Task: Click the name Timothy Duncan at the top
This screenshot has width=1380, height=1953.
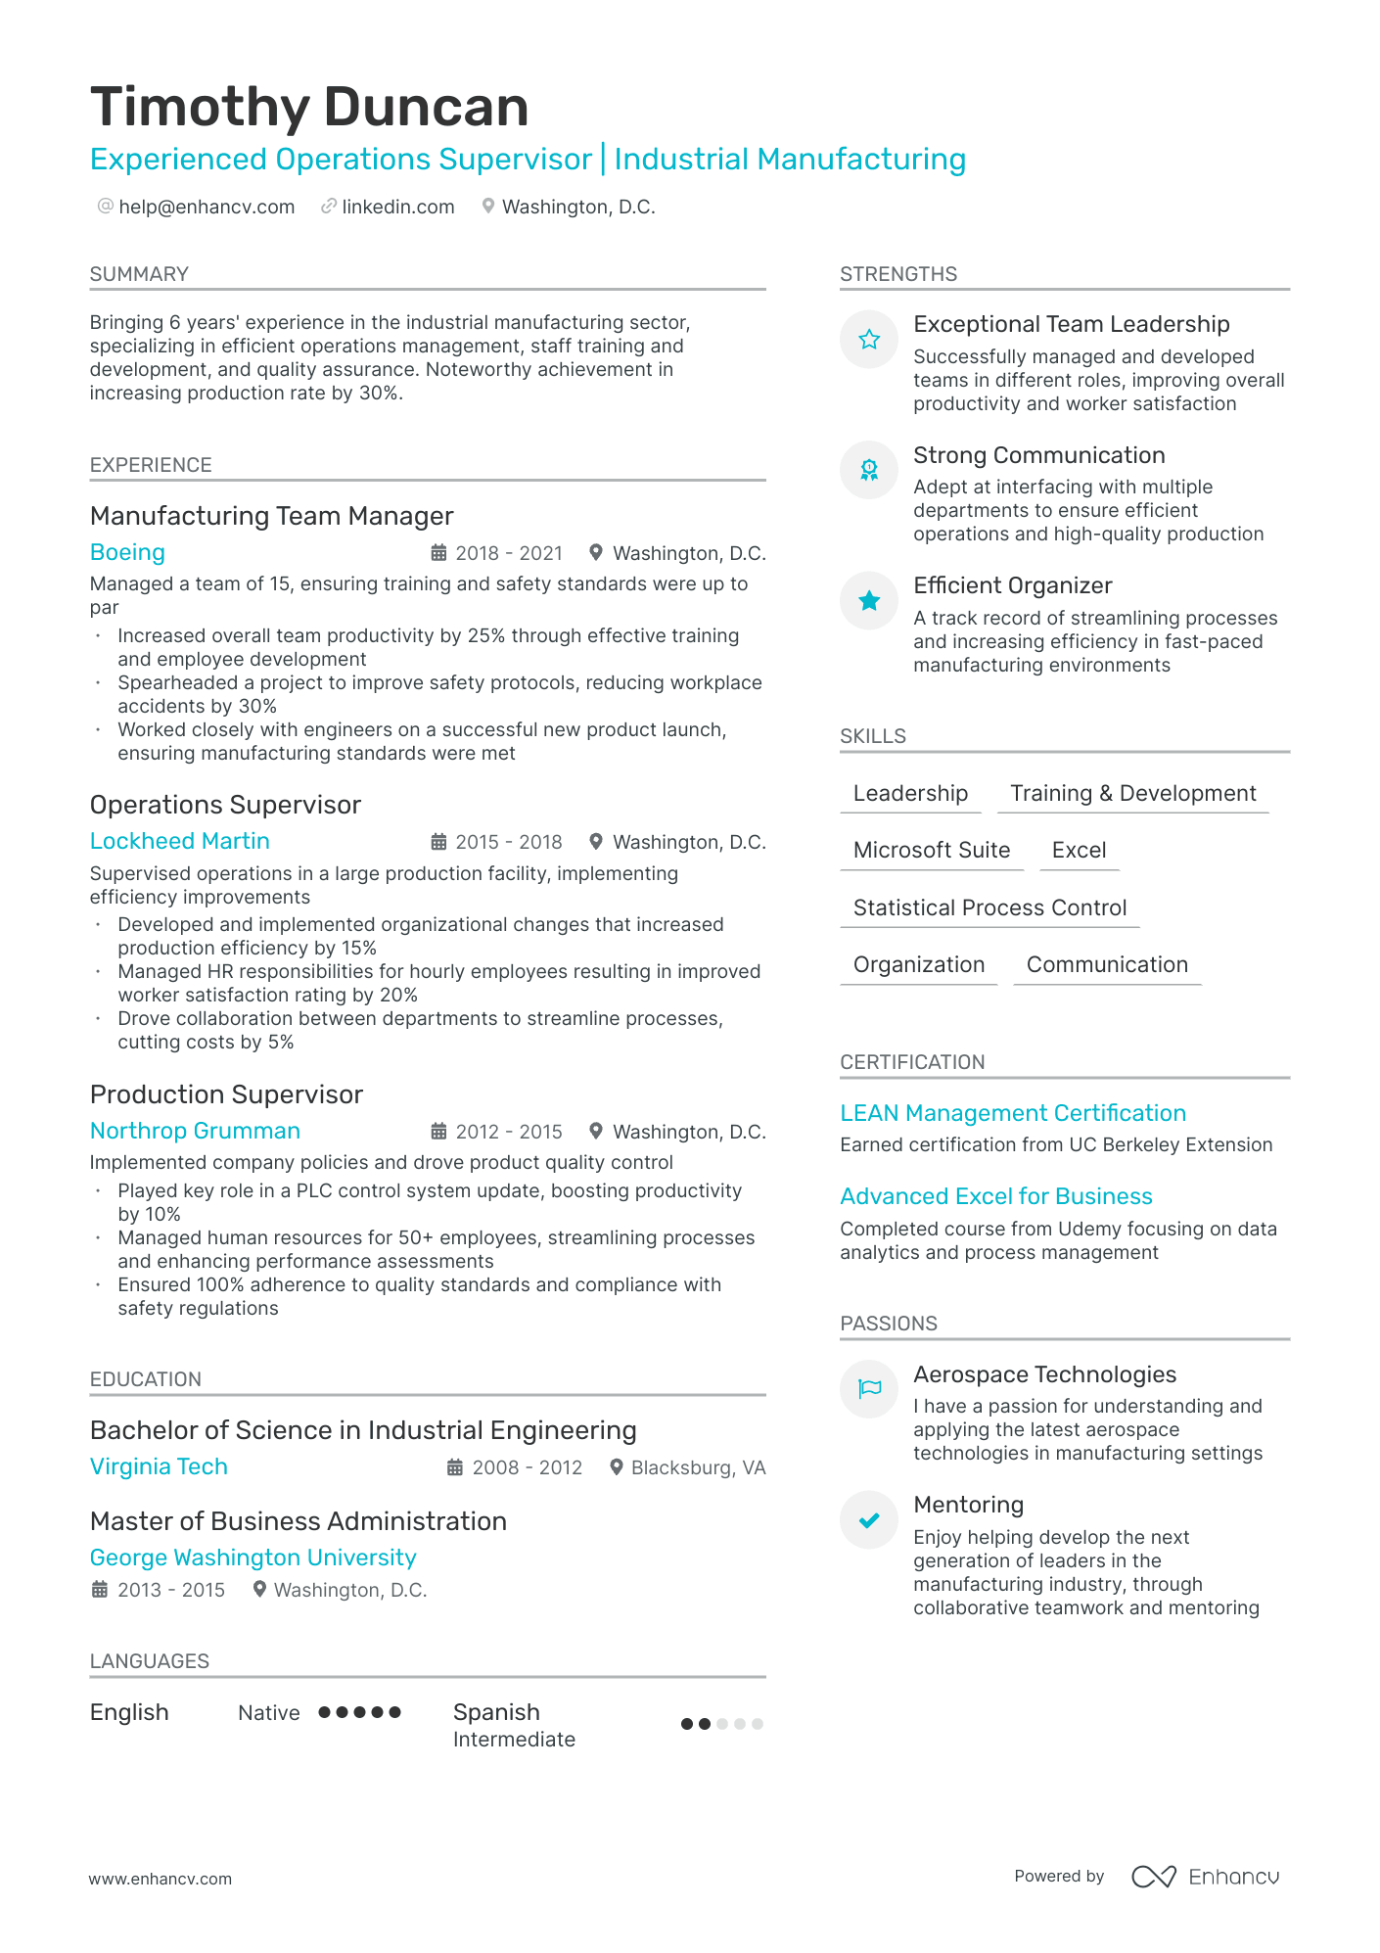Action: [309, 107]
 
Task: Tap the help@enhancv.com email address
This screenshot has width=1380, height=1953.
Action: [207, 207]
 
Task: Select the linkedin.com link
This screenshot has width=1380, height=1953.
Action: [397, 207]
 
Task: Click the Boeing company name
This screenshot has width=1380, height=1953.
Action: [127, 552]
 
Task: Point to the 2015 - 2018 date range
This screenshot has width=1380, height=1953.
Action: [508, 842]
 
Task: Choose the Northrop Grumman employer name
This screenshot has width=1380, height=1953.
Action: [195, 1131]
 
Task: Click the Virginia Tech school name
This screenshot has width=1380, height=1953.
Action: [159, 1466]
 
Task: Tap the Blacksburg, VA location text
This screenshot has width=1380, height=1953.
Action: [698, 1467]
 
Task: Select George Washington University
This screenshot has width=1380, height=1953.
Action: [253, 1558]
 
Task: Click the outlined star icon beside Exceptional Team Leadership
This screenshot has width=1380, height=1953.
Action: [869, 340]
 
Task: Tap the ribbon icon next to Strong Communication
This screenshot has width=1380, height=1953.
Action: [869, 470]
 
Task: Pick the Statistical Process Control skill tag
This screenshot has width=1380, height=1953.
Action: [989, 907]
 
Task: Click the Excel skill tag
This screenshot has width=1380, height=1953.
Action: [1079, 850]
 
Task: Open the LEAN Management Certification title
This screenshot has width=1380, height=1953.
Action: [1013, 1113]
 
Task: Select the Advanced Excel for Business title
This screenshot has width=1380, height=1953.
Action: [996, 1196]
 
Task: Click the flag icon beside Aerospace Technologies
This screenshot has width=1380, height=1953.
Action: [869, 1388]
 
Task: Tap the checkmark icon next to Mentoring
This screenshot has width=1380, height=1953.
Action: [869, 1519]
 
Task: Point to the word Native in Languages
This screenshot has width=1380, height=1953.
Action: [269, 1712]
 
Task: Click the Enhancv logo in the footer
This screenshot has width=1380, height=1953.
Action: [1206, 1877]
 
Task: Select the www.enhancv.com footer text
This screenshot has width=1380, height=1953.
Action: [161, 1879]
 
